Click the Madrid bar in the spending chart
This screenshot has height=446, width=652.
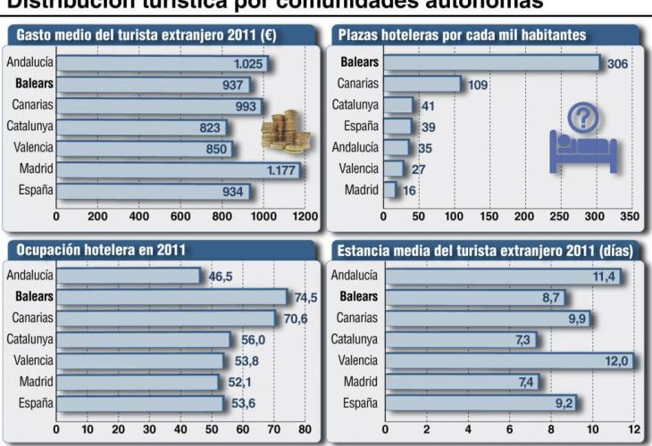pos(179,169)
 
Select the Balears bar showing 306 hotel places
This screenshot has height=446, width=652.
pos(491,64)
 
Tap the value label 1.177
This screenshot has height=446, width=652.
pos(281,169)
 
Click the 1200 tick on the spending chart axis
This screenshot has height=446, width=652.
pos(305,216)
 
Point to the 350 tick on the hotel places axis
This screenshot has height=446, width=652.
pos(630,216)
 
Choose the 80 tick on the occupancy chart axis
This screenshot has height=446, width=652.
pos(305,429)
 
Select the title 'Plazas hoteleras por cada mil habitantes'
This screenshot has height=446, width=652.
pos(462,37)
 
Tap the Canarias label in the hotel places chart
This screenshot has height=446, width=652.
pos(357,85)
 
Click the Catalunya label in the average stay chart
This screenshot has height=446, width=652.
pos(355,339)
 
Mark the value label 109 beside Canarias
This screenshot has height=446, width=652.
pos(479,86)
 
